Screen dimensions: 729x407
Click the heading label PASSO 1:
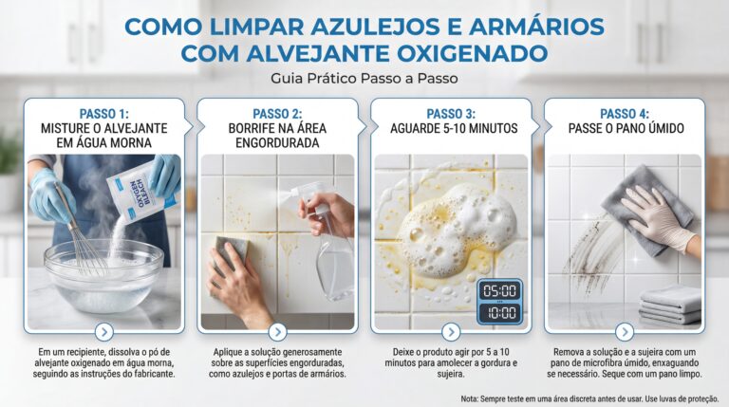[x=104, y=114]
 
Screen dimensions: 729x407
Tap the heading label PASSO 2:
[x=277, y=114]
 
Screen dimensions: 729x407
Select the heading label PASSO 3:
[x=451, y=114]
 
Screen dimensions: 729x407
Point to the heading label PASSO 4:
[x=625, y=114]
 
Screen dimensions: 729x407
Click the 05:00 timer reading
[x=500, y=291]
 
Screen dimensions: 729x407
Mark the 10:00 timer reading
[x=500, y=313]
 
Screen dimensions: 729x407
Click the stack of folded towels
[x=670, y=305]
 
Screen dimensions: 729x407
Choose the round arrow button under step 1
[x=104, y=332]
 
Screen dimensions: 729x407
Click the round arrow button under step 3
[x=451, y=332]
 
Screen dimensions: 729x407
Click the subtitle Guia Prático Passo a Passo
[x=364, y=79]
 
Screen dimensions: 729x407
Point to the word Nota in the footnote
[x=469, y=398]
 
